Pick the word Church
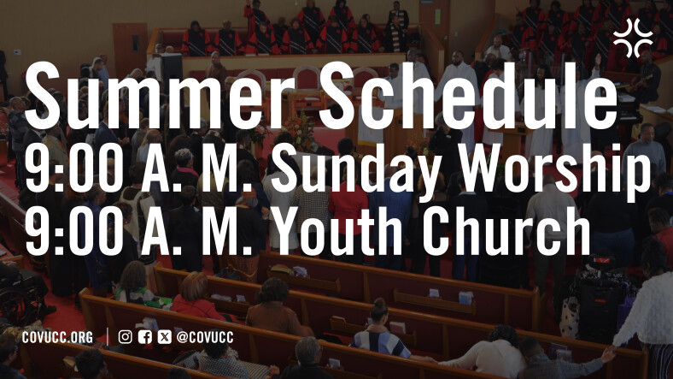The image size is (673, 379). pyautogui.click(x=506, y=232)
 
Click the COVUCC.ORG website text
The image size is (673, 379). pyautogui.click(x=57, y=338)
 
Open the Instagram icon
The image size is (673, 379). pyautogui.click(x=125, y=337)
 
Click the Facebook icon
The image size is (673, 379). pyautogui.click(x=145, y=337)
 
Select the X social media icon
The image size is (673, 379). pyautogui.click(x=164, y=337)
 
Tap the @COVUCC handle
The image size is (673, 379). pyautogui.click(x=205, y=338)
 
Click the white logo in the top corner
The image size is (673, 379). pyautogui.click(x=633, y=38)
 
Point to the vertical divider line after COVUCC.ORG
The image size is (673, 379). pyautogui.click(x=108, y=337)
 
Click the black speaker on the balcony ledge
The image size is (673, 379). pyautogui.click(x=172, y=68)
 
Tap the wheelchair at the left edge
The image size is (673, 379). pyautogui.click(x=20, y=297)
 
